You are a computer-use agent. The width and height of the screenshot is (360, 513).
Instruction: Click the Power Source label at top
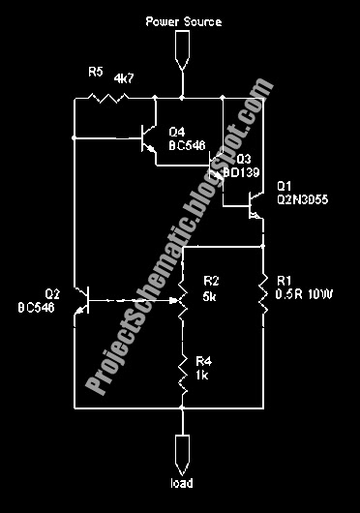tap(183, 20)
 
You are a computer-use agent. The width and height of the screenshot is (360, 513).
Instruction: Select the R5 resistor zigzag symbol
tap(100, 97)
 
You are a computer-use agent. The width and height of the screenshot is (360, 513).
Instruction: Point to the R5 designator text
tap(95, 72)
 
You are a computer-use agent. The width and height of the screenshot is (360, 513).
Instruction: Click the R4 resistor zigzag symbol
tap(182, 370)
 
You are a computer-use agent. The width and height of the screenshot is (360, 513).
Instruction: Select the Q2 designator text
tap(52, 294)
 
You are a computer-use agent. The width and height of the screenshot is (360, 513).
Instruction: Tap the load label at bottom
tap(182, 481)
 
